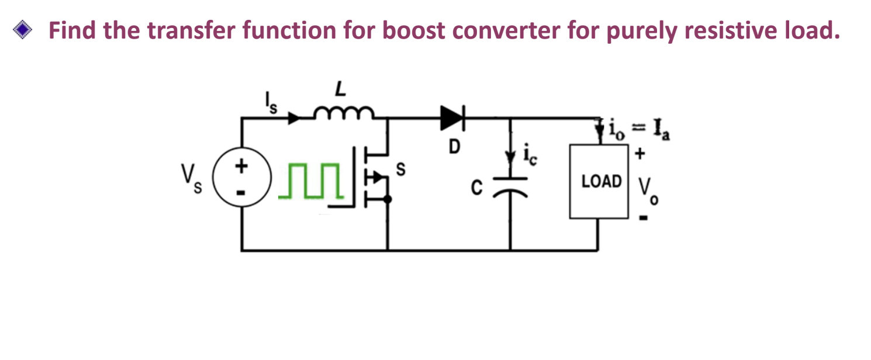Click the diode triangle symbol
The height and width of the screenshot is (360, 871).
pyautogui.click(x=452, y=118)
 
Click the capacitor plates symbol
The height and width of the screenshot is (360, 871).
pyautogui.click(x=510, y=186)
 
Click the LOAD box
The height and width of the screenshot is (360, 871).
pyautogui.click(x=600, y=181)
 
